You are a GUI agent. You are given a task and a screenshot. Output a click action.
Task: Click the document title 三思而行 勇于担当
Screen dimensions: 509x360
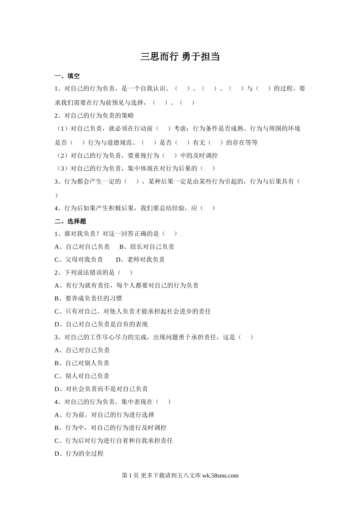tap(180, 57)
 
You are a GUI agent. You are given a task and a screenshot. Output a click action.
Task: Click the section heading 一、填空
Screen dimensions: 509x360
tap(67, 76)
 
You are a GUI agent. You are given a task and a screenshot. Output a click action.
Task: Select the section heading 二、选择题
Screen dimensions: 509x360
tap(70, 221)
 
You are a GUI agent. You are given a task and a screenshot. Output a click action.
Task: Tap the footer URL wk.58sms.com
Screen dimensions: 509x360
tap(221, 476)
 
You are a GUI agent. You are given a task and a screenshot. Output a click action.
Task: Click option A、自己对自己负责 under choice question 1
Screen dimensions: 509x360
tap(82, 247)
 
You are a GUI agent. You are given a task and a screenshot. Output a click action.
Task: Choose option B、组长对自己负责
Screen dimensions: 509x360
tap(147, 247)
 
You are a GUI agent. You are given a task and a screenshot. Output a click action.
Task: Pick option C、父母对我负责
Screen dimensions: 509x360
tap(79, 260)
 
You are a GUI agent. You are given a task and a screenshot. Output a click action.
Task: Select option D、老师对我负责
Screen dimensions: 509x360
tap(140, 260)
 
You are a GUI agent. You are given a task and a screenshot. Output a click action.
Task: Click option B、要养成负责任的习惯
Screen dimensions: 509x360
tap(88, 298)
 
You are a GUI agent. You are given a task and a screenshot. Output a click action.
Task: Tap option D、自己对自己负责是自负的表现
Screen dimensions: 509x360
tap(101, 324)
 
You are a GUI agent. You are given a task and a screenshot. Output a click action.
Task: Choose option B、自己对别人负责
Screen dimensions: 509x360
tap(82, 363)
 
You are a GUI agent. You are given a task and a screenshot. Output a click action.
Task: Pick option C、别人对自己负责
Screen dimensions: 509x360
tap(82, 376)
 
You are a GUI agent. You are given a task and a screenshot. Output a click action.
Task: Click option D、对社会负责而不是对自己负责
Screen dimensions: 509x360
tap(101, 389)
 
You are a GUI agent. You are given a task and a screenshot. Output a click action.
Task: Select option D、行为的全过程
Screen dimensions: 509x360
tap(79, 453)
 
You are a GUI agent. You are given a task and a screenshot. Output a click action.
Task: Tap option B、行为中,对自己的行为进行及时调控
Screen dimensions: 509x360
tap(111, 428)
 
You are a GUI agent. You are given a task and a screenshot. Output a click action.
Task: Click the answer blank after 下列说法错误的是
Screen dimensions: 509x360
tap(125, 273)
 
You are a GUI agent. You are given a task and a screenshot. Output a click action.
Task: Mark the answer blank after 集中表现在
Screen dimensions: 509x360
tap(163, 402)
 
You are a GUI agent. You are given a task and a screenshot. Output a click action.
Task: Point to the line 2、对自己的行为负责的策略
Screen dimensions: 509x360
tap(94, 116)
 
